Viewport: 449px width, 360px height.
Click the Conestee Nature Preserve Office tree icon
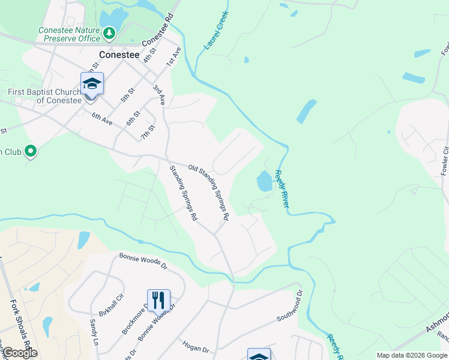point(109,34)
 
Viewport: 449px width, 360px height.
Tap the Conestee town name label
point(119,55)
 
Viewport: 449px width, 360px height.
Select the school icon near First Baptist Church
point(92,83)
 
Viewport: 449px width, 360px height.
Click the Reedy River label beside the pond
point(282,189)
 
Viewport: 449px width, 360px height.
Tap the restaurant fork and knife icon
point(158,300)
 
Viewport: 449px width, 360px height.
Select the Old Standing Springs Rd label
point(209,191)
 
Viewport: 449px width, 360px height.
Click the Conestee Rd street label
point(160,30)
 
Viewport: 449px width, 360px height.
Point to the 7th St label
point(148,131)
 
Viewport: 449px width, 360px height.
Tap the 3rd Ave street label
point(158,95)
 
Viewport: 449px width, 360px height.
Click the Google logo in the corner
point(19,353)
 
